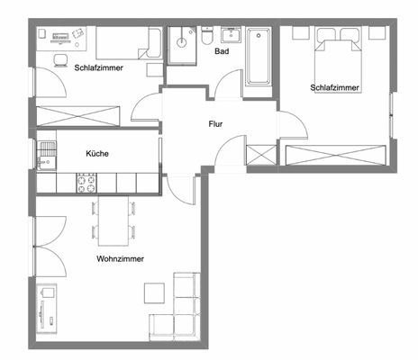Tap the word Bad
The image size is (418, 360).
pos(221,52)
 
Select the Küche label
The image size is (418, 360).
pos(97,154)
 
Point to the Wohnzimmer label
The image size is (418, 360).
pos(120,258)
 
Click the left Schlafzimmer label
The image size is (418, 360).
pos(99,67)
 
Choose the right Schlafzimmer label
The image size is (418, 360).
pos(334,88)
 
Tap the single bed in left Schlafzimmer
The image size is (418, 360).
pos(127,42)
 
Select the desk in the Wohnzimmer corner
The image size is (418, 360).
pos(48,310)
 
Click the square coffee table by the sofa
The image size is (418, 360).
pos(154,293)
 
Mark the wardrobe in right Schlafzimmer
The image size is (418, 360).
pos(333,154)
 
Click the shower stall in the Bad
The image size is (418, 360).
pos(184,44)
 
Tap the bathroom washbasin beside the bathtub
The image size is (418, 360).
pos(229,35)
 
